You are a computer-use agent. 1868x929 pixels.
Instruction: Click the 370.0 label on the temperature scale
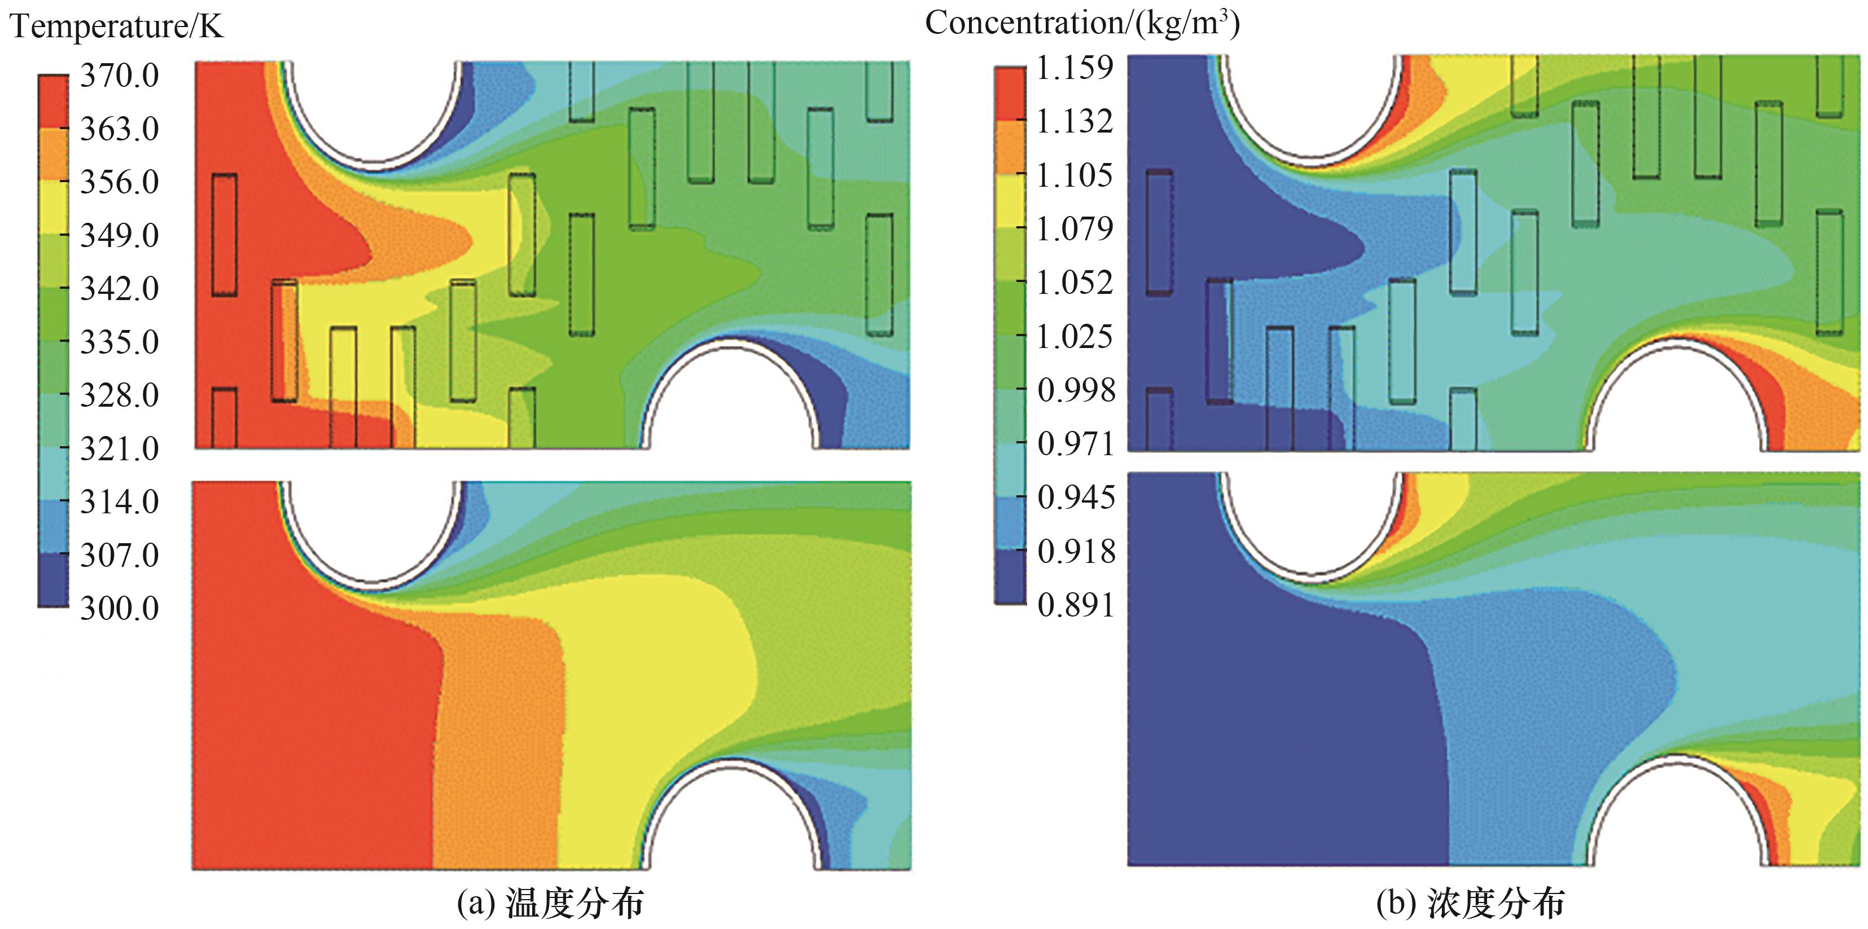click(119, 76)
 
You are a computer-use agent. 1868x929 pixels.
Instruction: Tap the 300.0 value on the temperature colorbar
click(119, 608)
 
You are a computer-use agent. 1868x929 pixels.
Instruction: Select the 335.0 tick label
click(119, 342)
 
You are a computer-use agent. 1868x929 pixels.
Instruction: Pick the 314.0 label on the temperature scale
click(119, 501)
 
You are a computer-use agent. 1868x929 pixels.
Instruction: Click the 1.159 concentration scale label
click(1074, 67)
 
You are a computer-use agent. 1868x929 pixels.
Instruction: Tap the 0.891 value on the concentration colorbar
click(1076, 604)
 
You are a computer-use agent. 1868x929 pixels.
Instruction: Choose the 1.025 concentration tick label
click(1074, 336)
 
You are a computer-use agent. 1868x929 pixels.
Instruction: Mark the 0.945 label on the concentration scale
click(1076, 497)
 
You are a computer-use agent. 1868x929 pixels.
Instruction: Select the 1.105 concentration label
click(1074, 175)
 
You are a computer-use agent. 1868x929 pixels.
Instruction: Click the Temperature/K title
click(117, 27)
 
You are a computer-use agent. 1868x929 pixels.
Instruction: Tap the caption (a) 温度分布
click(550, 903)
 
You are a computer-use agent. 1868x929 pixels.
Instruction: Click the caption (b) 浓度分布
click(1471, 903)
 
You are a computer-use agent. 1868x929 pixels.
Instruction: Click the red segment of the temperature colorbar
click(53, 102)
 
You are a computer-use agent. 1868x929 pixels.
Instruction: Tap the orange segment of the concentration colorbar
click(1010, 147)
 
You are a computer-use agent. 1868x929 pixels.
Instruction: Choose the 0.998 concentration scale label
click(1076, 390)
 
